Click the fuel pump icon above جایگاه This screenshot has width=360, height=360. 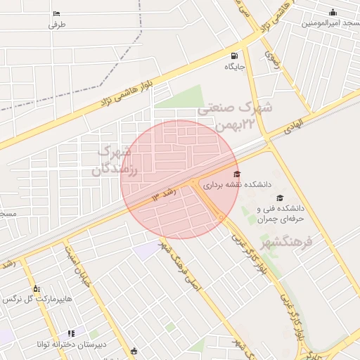tap(234, 56)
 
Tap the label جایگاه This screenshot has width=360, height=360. tap(234, 67)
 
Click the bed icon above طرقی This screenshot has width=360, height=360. tap(56, 13)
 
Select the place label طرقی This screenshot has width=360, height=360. tap(56, 25)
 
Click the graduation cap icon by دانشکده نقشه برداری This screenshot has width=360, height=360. tap(236, 174)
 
